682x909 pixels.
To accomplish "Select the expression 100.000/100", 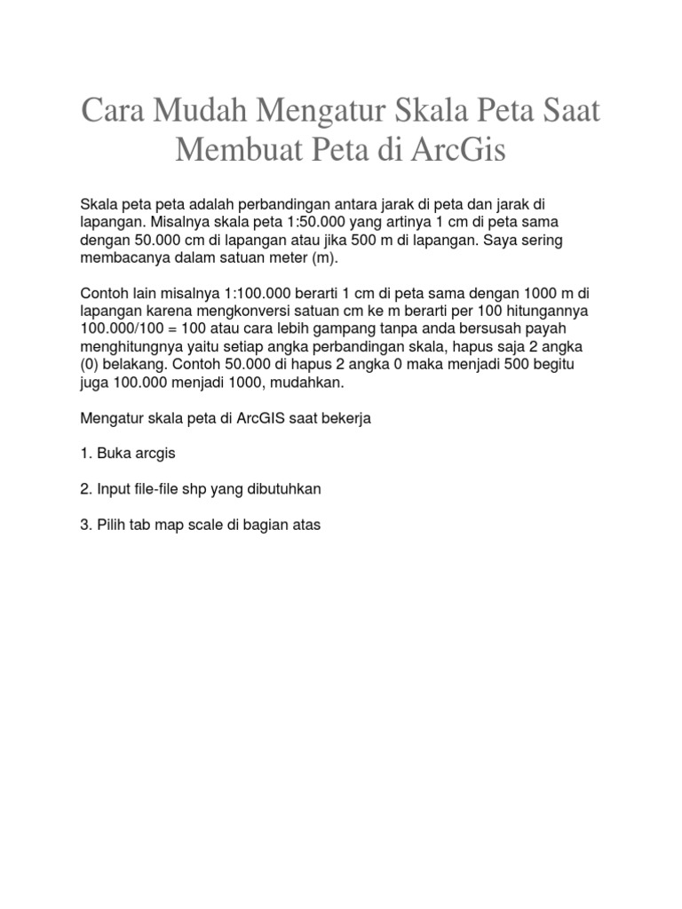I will (126, 329).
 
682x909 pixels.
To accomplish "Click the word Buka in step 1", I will (111, 454).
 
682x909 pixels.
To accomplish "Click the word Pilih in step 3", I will (112, 525).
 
